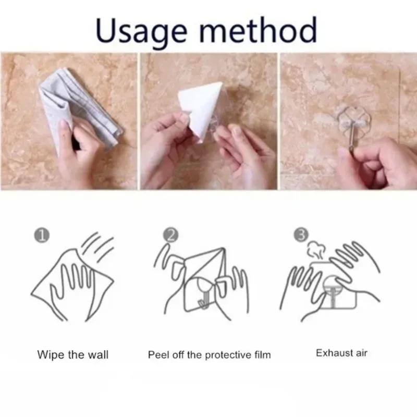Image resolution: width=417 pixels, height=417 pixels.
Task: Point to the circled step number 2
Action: pos(170,236)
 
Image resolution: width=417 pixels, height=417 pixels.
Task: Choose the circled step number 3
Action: pos(300,236)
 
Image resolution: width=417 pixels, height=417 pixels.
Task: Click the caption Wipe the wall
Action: pos(73,355)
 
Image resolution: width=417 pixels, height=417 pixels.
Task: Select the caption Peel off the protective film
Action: pos(210,355)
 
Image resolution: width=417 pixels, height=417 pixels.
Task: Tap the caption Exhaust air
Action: pos(341,353)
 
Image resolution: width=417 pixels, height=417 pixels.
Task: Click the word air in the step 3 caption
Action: pos(360,353)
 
